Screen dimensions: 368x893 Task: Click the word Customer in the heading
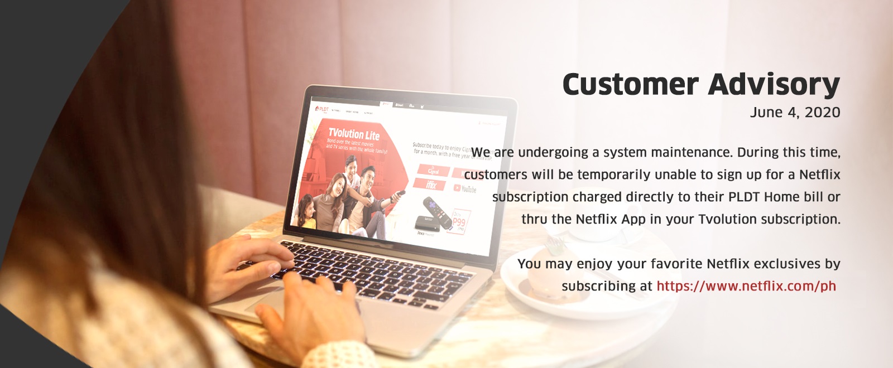[630, 85]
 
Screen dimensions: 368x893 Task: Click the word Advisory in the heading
[774, 85]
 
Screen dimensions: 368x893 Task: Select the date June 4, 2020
[795, 113]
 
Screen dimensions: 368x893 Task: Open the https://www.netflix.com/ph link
[746, 287]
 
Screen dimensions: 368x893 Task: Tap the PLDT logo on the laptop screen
[322, 109]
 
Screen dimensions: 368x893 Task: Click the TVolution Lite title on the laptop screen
[354, 134]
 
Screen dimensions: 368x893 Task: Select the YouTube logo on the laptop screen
[465, 189]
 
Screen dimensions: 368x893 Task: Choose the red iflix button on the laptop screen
[431, 185]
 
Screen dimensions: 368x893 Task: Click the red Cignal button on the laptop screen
[433, 170]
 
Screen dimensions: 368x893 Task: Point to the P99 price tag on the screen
[458, 222]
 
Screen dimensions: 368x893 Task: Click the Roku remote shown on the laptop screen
[437, 212]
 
